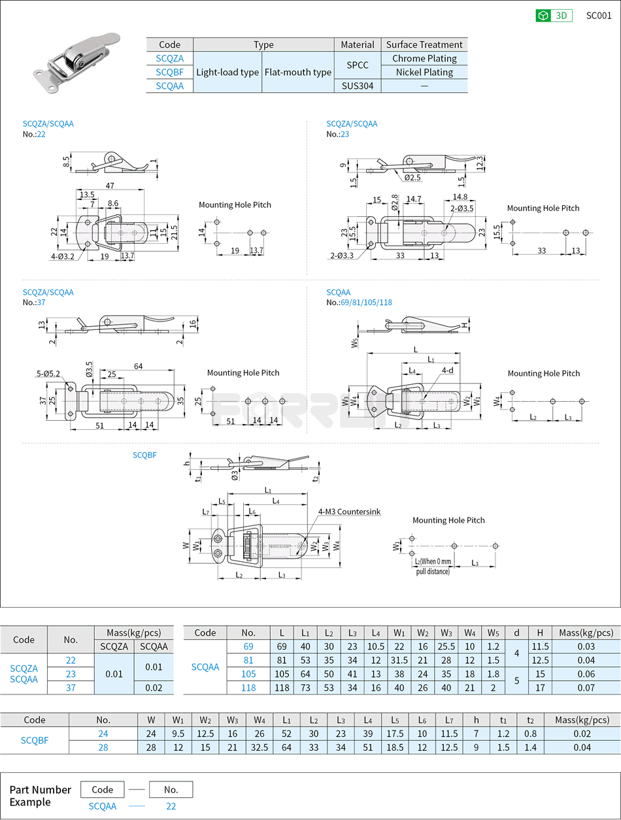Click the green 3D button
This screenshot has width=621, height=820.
tap(554, 16)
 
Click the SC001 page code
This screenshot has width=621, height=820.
tap(599, 16)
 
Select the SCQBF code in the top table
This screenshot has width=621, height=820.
tap(169, 72)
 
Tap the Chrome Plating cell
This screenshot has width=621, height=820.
tap(424, 58)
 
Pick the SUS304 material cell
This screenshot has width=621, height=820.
tap(358, 86)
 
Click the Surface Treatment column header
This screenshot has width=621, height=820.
tap(424, 44)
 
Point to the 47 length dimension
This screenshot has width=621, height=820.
tap(110, 186)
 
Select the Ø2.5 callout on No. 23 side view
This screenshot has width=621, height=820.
tap(412, 177)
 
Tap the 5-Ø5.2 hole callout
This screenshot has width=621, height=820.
tap(48, 374)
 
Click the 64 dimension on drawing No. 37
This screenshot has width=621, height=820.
tap(138, 366)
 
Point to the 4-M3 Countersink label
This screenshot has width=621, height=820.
tap(349, 512)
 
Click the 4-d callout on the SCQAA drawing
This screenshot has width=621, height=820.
tap(447, 370)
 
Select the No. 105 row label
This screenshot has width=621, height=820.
tap(248, 674)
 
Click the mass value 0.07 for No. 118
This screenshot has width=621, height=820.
tap(586, 687)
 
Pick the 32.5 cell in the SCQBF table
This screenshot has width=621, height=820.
tap(260, 747)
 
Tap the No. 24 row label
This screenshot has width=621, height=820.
tap(103, 734)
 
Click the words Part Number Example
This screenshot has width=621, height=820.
tap(40, 795)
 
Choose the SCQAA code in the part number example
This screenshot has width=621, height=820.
tap(103, 806)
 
